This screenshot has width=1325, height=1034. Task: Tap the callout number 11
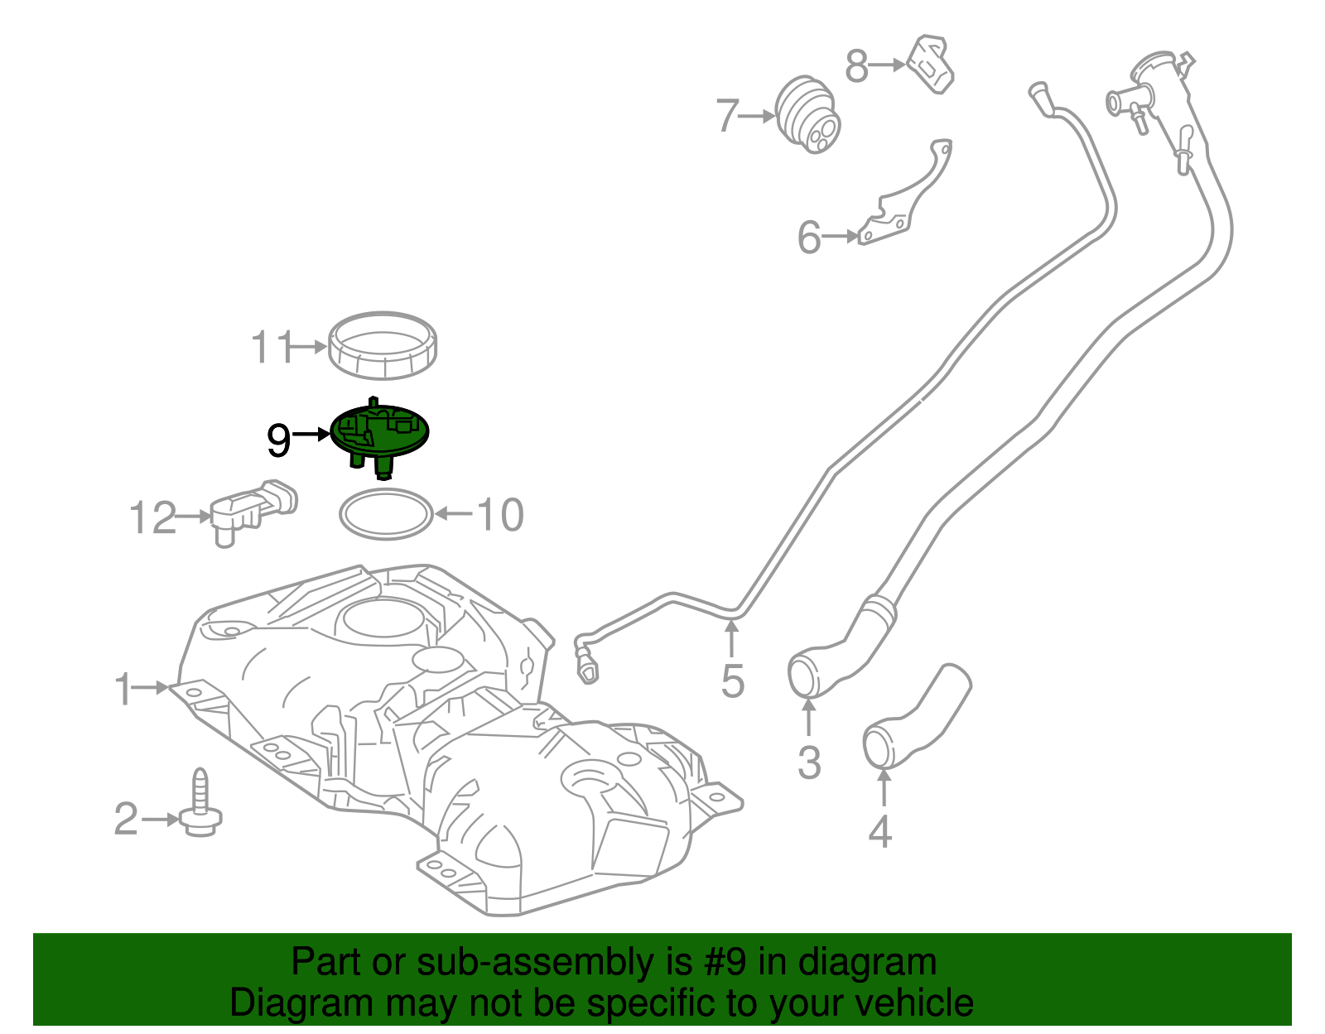pos(272,348)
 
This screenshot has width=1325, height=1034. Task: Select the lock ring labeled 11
pos(383,345)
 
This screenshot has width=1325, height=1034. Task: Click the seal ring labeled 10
pos(386,514)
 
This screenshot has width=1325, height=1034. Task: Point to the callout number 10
pos(500,514)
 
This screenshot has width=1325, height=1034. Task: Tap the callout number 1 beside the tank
pos(123,689)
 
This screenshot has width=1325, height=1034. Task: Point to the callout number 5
pos(732,681)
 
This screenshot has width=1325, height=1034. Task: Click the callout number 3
pos(808,762)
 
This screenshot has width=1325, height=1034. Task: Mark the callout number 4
pos(879,831)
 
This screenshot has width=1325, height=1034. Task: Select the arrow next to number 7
pos(755,116)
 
